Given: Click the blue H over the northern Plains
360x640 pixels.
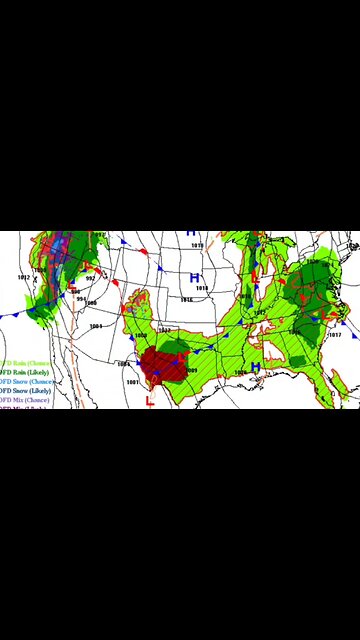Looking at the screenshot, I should coord(195,277).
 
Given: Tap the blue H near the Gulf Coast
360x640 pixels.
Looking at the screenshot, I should coord(255,368).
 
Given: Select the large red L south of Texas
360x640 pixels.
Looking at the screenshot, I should coord(150,401).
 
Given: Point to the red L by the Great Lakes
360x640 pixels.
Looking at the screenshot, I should coord(255,275).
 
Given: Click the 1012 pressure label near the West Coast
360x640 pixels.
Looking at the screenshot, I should coord(23,277).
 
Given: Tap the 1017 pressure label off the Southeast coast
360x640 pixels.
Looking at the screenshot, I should coord(335,335).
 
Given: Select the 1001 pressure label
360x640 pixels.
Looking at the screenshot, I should coord(95,326).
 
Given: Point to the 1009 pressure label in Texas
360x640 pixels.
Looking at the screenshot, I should coord(190,370).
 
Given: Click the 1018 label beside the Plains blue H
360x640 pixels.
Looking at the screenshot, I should coord(202,288).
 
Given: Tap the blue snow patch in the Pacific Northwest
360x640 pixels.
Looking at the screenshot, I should coord(57,250).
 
